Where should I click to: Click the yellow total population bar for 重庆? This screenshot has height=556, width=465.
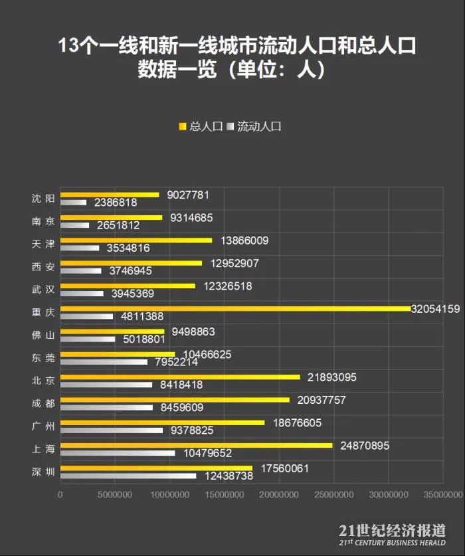(236, 308)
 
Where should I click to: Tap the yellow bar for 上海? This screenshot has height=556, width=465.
(196, 445)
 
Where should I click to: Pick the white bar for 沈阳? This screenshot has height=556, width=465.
(74, 203)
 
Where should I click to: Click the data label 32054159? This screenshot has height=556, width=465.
(436, 308)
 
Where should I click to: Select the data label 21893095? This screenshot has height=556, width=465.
(332, 377)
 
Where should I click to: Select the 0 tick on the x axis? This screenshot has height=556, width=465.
(60, 495)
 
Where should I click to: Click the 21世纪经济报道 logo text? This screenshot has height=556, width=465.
(392, 531)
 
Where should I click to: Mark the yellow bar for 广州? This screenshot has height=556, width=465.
(162, 422)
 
